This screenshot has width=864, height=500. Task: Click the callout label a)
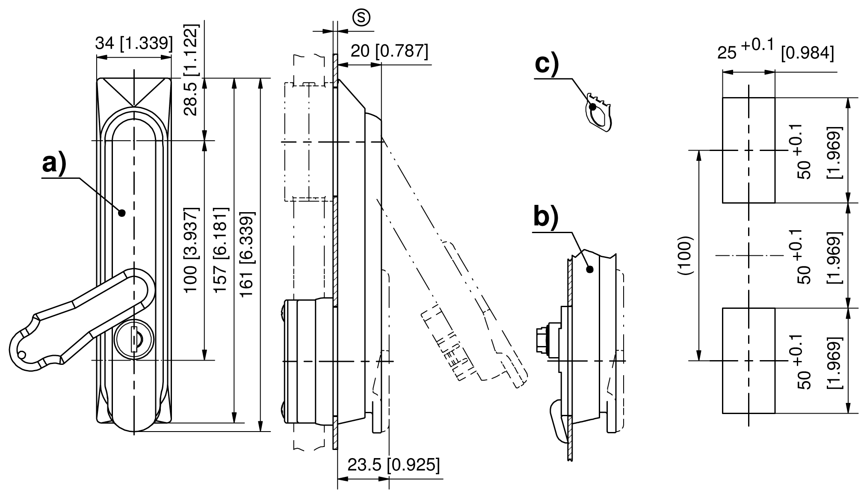tap(54, 164)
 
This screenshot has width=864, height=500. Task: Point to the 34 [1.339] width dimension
tap(134, 44)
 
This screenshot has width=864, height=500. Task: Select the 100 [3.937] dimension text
tap(191, 250)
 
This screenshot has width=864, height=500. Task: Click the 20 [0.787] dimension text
tap(389, 51)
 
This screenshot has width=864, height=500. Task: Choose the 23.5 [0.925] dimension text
tap(393, 465)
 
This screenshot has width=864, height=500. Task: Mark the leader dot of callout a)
tap(122, 213)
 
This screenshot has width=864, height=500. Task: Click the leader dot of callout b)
tap(590, 269)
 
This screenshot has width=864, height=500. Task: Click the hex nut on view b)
tap(542, 340)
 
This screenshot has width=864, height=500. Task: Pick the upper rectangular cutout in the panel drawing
tap(749, 150)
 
